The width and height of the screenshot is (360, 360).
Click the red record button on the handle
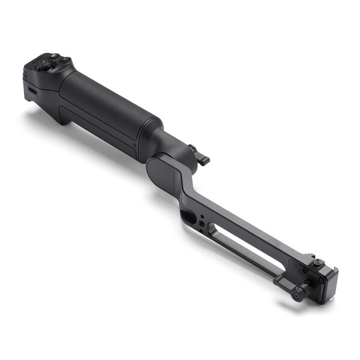click(x=63, y=61)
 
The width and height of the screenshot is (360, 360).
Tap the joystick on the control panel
click(x=44, y=67)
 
